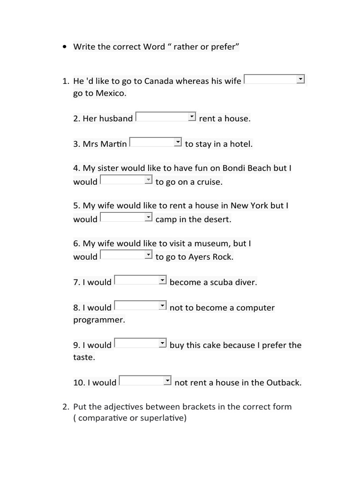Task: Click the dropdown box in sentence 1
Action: [275, 79]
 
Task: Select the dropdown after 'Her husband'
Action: [165, 117]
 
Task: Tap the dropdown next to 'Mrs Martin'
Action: [155, 142]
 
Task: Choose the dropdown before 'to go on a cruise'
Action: [127, 180]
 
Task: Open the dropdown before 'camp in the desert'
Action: [127, 217]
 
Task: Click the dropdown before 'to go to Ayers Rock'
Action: [127, 255]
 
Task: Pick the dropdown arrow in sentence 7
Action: [163, 280]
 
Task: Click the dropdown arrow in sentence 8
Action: [163, 305]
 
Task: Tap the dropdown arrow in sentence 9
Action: [163, 343]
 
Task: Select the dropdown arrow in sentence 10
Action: [167, 380]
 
